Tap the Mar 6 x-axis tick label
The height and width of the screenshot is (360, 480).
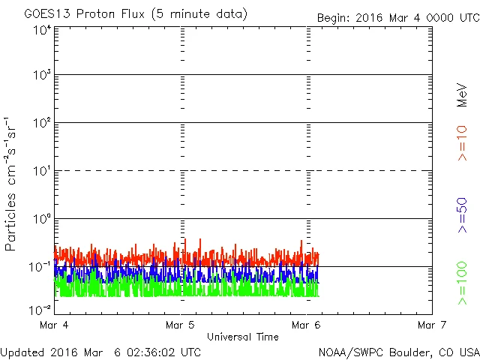(306, 325)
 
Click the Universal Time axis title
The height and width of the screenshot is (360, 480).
(242, 337)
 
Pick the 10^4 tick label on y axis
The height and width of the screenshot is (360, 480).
(41, 30)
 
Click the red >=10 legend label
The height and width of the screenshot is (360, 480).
(462, 142)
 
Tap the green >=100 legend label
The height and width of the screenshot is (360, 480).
(462, 283)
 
